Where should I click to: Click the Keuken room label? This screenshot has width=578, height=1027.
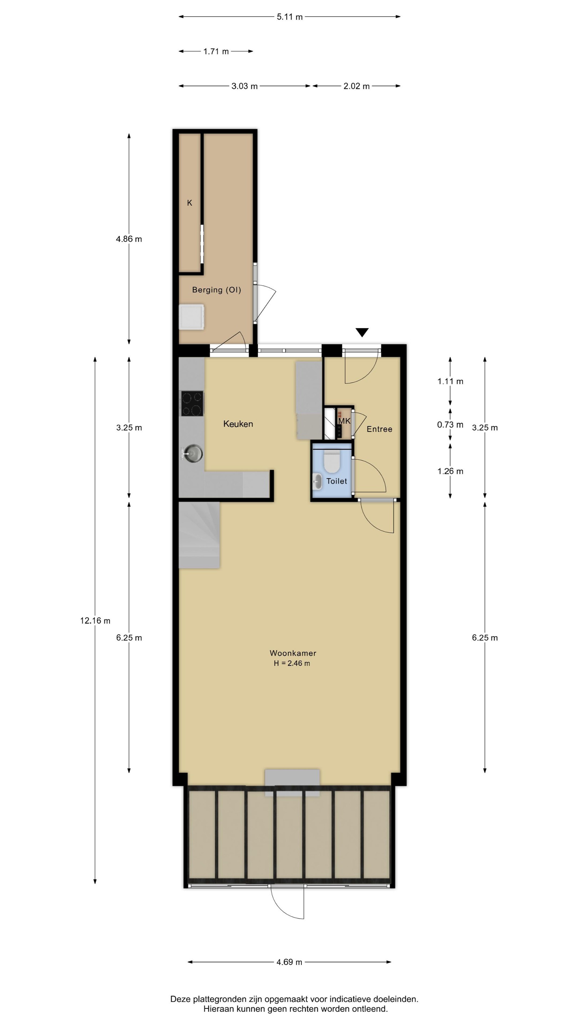pos(238,424)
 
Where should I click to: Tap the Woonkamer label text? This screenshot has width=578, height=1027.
pos(293,653)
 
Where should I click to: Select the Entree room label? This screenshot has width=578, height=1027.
pos(379,429)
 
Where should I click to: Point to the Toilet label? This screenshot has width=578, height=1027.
pos(337,481)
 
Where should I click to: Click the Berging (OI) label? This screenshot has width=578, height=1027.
pos(217,290)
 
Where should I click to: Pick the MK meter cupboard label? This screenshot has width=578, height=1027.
pos(344,421)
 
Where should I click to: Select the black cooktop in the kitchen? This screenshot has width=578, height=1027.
pos(192,403)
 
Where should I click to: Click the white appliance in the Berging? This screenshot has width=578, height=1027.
pos(192,317)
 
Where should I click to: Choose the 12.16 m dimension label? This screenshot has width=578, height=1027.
pos(95,621)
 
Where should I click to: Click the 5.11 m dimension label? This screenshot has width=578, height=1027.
pos(290,17)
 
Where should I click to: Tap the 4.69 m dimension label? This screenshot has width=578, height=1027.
pos(289,962)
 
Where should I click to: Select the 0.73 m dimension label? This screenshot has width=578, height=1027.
pos(450,425)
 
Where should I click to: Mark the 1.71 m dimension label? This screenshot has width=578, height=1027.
pos(216,51)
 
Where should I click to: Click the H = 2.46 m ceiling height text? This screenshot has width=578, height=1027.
pos(291,663)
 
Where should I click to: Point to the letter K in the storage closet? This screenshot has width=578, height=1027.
pos(189,203)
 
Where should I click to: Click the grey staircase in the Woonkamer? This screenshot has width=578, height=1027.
pos(199,535)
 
